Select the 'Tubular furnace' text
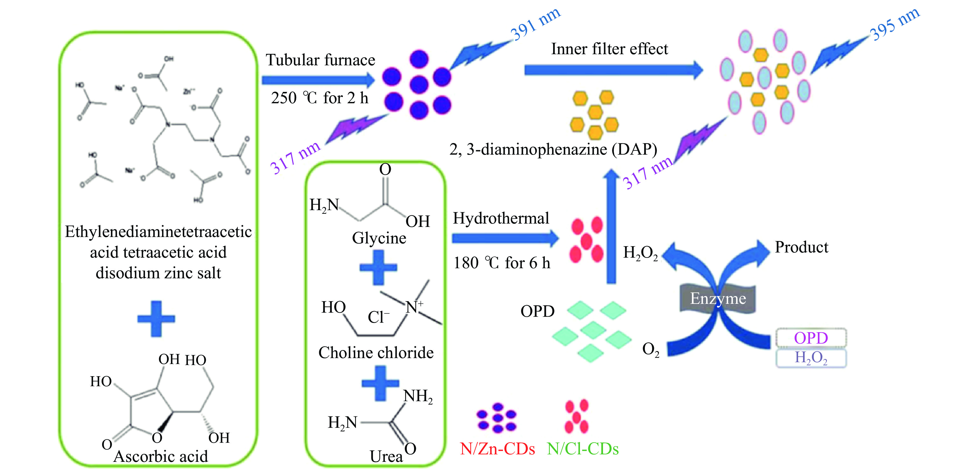[x=320, y=60]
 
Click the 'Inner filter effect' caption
[x=609, y=49]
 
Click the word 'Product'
[x=801, y=247]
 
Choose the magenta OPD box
[x=811, y=338]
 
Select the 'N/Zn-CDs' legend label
[x=497, y=449]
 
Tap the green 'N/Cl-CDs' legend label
[x=583, y=449]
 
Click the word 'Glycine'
[x=379, y=238]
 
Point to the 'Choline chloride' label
[x=376, y=353]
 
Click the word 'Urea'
[x=386, y=456]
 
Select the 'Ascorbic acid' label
[x=161, y=456]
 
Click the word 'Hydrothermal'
[x=501, y=218]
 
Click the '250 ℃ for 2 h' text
[x=319, y=98]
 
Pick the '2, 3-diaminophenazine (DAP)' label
[x=553, y=149]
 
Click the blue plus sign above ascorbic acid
[x=156, y=319]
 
